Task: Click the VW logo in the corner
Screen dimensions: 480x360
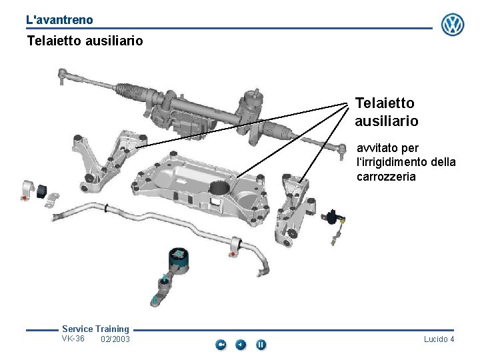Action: (x=453, y=25)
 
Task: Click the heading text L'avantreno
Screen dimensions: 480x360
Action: (x=59, y=21)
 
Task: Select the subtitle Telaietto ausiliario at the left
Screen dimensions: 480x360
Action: (x=85, y=41)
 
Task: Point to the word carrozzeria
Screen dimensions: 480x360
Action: (x=386, y=177)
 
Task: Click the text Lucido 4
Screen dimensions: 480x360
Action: (x=439, y=339)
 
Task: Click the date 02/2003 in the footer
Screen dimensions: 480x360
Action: (x=115, y=339)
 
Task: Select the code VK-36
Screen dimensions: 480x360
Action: (x=73, y=339)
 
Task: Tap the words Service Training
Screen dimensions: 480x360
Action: (x=95, y=329)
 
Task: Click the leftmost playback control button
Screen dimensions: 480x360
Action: (x=221, y=345)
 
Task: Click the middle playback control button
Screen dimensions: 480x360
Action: (x=241, y=345)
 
